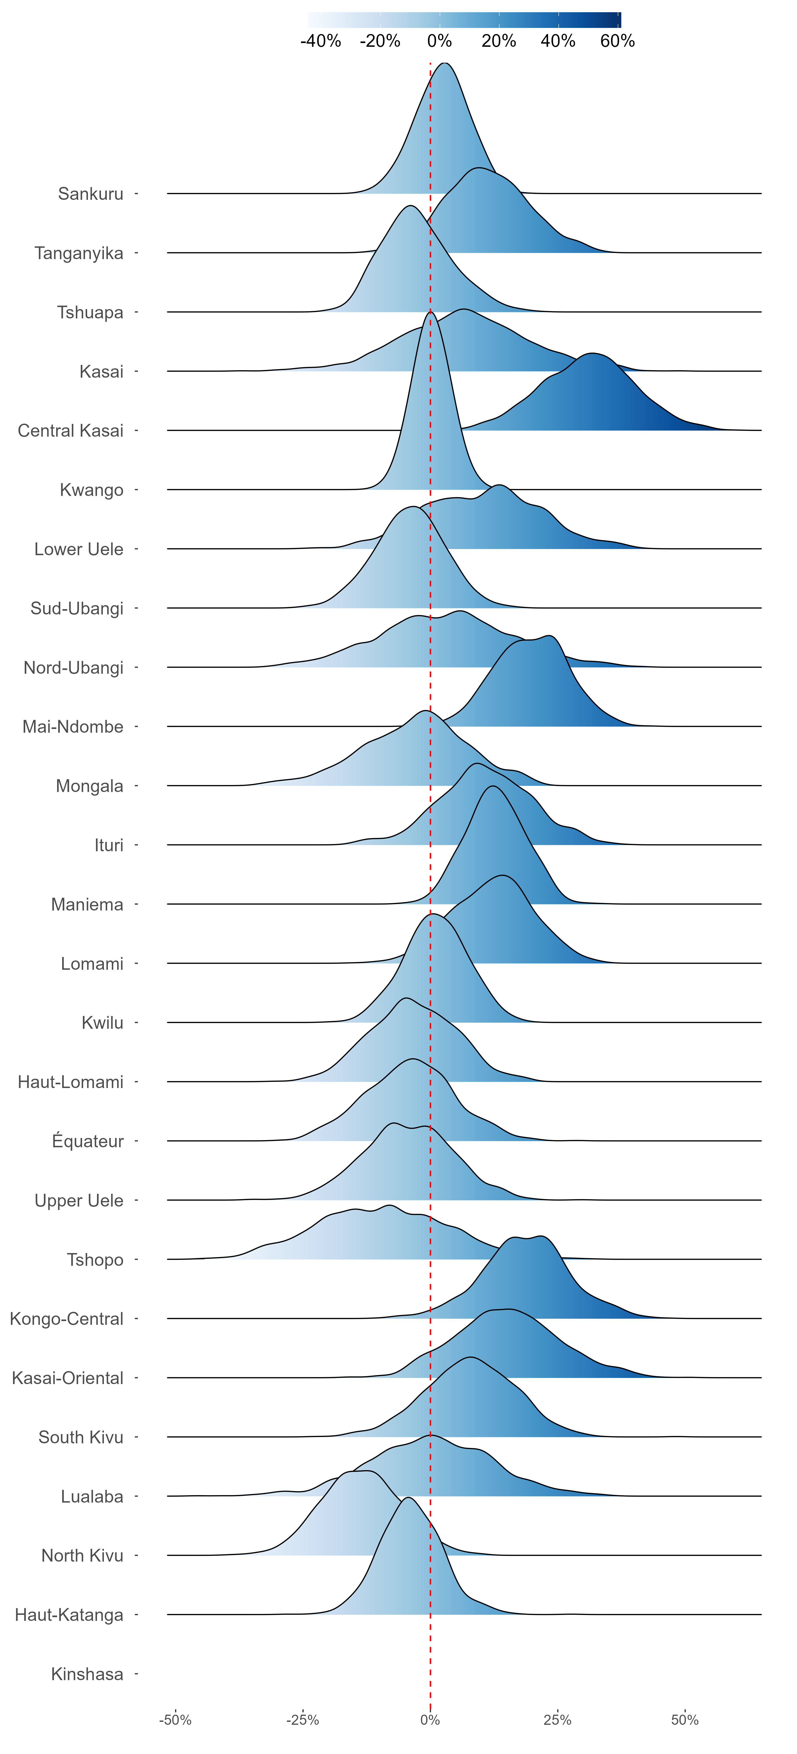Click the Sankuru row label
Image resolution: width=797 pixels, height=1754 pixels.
click(x=91, y=194)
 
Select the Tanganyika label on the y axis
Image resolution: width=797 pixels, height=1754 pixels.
click(x=79, y=253)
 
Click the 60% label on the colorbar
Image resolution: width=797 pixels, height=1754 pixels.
click(x=617, y=41)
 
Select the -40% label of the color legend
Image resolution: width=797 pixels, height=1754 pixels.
click(x=321, y=41)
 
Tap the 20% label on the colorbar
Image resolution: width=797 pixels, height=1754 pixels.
click(x=499, y=41)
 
